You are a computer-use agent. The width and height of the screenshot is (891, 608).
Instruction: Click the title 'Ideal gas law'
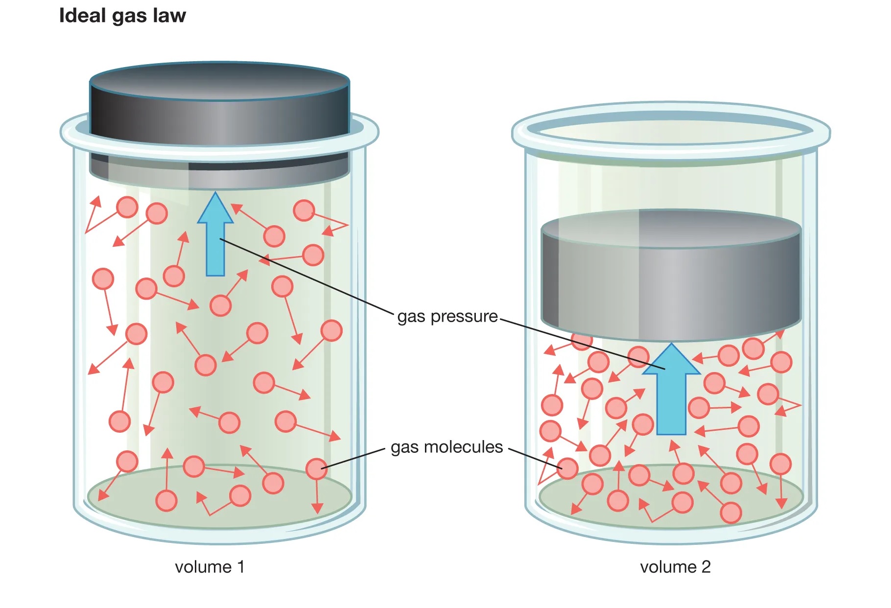point(122,16)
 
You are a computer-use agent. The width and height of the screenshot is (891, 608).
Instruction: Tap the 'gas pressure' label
point(447,316)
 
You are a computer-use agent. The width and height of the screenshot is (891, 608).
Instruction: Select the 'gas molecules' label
point(446,447)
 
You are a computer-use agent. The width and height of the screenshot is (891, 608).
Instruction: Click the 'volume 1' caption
point(210,567)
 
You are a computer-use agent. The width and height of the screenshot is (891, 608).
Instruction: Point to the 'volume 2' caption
point(675,567)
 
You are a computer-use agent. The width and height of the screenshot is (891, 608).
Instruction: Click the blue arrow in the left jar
point(215,235)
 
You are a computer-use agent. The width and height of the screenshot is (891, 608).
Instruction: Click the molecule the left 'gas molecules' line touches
point(316,469)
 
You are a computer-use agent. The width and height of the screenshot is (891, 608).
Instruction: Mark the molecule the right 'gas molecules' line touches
point(568,468)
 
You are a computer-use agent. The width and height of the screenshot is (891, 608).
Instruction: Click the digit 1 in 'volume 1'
point(240,567)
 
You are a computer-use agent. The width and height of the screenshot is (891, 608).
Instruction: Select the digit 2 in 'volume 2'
point(705,567)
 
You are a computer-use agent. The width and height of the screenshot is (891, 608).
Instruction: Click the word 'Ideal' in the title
point(82,16)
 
